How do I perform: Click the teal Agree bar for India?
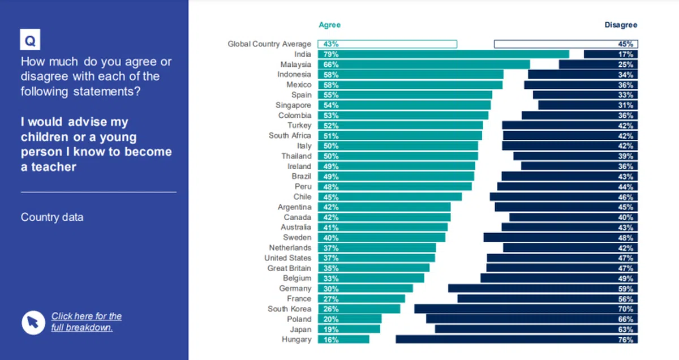coord(443,54)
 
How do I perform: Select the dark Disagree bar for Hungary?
coord(517,340)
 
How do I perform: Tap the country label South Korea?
coord(289,309)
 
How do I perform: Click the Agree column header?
coord(330,25)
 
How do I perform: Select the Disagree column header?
coord(621,25)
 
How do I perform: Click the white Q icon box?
coord(30,41)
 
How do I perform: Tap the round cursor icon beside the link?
coord(33,322)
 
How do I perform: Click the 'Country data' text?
coord(52,217)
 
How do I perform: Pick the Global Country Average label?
coord(269,44)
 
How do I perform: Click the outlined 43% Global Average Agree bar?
coord(387,44)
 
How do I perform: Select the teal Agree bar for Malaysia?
coord(424,65)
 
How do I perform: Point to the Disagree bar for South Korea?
coord(526,309)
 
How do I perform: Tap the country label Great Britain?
coord(289,268)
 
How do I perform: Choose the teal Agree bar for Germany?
coord(365,289)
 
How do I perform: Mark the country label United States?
coord(287,258)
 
